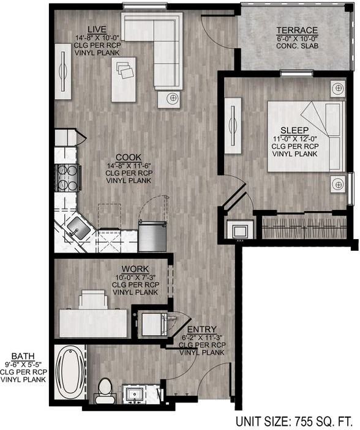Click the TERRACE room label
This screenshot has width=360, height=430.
pyautogui.click(x=297, y=30)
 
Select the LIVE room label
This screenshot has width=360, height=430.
pyautogui.click(x=97, y=29)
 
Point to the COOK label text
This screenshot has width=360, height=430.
pyautogui.click(x=129, y=156)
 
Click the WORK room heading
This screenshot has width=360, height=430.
pyautogui.click(x=135, y=269)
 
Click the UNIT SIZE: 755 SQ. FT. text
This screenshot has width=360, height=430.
pyautogui.click(x=294, y=421)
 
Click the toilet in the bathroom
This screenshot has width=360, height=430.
pyautogui.click(x=105, y=390)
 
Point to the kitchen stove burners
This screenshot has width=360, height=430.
pyautogui.click(x=66, y=178)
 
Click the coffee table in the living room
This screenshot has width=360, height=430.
pyautogui.click(x=124, y=79)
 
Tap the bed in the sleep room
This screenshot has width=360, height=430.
pyautogui.click(x=304, y=136)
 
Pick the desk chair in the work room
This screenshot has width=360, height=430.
pyautogui.click(x=92, y=300)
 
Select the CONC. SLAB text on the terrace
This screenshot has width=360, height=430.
pyautogui.click(x=297, y=46)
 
